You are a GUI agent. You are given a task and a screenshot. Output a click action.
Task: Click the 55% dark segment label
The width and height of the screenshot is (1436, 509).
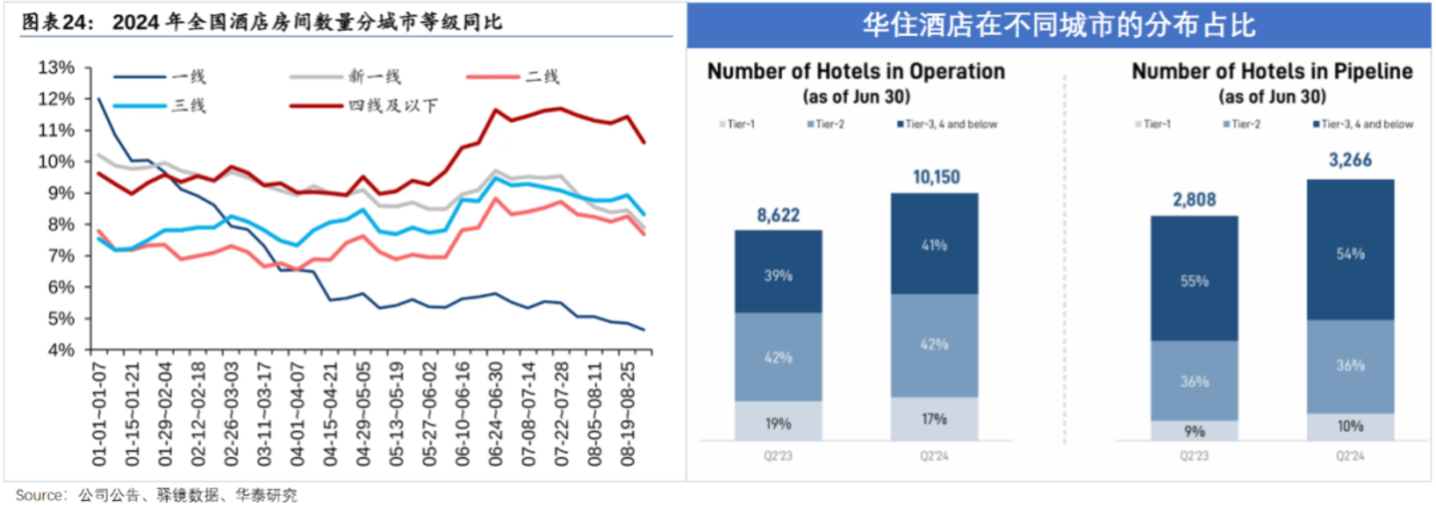tap(1194, 282)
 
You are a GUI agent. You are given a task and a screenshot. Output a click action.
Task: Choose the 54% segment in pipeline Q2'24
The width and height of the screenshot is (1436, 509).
tap(1350, 254)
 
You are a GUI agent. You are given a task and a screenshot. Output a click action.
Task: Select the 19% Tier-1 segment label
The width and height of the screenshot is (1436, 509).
tap(779, 422)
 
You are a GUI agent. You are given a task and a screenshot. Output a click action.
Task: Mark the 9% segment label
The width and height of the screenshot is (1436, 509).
tap(1194, 432)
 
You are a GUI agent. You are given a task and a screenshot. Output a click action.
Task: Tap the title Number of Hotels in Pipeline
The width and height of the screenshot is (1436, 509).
tap(1271, 72)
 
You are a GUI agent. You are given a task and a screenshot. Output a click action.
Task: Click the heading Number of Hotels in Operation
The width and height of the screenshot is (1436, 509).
tap(856, 72)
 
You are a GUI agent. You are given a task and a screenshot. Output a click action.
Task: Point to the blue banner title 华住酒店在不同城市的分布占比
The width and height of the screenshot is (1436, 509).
tap(1059, 25)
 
